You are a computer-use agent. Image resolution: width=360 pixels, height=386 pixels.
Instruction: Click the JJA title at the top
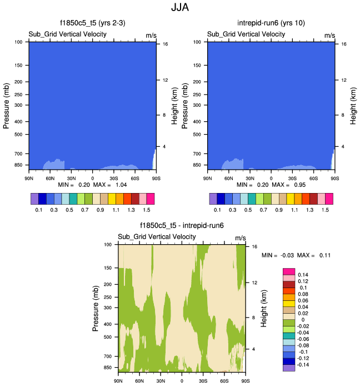180,9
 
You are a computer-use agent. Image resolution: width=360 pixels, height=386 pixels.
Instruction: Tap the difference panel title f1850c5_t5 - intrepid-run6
181,227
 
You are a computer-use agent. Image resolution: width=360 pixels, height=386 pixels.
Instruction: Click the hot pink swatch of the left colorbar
150,198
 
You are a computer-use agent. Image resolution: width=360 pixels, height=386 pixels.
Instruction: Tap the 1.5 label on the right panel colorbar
325,210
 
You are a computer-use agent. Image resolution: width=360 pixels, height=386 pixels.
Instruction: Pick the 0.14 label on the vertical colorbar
303,275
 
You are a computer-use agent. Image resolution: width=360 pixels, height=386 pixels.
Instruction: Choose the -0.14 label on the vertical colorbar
304,365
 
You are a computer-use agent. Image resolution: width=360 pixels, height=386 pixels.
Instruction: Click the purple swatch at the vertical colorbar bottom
288,368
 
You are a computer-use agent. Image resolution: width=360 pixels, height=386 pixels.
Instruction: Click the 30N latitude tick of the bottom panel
161,381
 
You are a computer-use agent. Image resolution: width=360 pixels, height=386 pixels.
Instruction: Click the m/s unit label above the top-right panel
329,35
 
